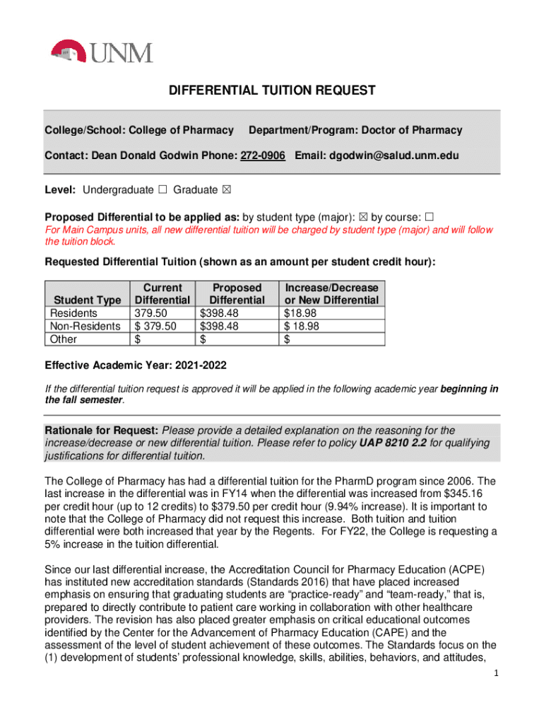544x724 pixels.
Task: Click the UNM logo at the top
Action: [102, 52]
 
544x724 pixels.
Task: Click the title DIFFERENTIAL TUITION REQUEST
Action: [271, 90]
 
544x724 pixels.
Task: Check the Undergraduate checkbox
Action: [162, 189]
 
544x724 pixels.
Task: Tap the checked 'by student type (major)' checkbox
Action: [365, 215]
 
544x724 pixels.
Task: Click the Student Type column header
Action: [87, 300]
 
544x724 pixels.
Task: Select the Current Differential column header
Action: [162, 293]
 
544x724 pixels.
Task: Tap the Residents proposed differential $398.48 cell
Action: [220, 313]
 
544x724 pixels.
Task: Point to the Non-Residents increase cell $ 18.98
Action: [302, 326]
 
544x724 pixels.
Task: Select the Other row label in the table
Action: [61, 339]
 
